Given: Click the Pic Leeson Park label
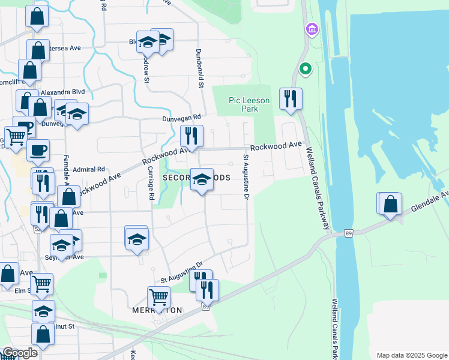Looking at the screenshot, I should click(249, 104).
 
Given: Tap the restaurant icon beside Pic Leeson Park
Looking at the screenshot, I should click(291, 99).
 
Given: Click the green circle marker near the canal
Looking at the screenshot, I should click(306, 69).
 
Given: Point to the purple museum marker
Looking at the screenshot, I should click(312, 29).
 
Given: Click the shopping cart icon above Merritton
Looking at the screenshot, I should click(158, 296).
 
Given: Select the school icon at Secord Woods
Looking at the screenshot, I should click(202, 179).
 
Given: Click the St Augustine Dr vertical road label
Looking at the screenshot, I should click(246, 175).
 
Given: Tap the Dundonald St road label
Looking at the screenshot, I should click(199, 67).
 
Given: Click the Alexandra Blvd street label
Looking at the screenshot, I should click(63, 92).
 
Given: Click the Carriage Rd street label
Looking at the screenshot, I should click(151, 183).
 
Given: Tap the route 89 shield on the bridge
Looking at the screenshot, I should click(348, 233).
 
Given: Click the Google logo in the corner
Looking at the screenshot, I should click(20, 353).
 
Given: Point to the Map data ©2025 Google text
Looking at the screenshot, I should click(411, 355).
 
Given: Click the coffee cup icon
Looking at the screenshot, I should click(38, 149).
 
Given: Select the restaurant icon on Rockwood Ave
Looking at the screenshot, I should click(192, 136).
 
